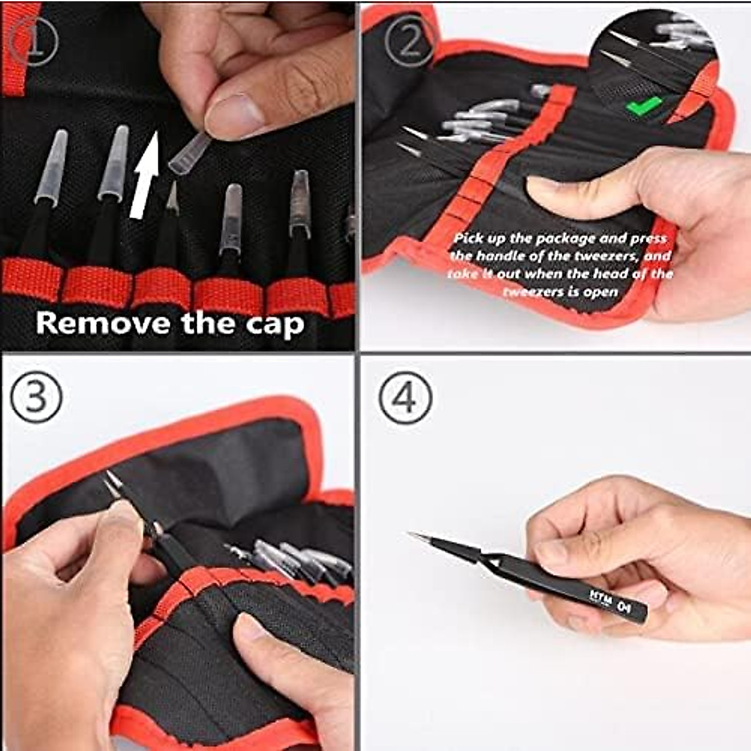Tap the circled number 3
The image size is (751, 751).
[37, 397]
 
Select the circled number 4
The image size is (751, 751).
[406, 397]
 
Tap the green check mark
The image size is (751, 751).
[644, 106]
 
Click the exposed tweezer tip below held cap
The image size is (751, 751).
[173, 197]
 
